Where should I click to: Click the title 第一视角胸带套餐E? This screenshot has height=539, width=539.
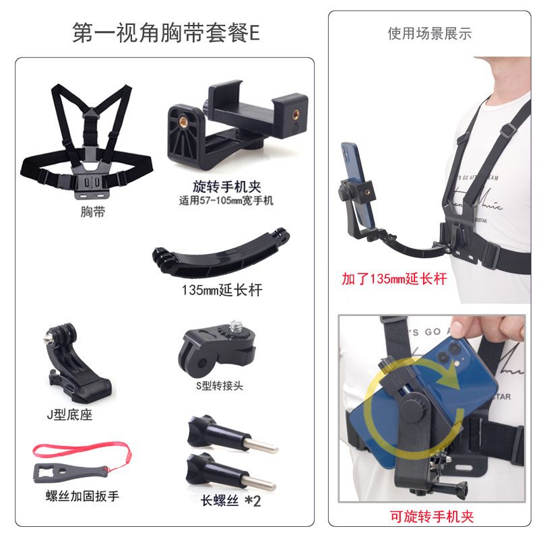(x=166, y=33)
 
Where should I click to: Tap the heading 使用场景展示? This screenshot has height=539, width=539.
(x=429, y=33)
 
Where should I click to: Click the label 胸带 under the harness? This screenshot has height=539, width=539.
(x=92, y=212)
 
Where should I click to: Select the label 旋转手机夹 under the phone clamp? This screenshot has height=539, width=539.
(x=227, y=187)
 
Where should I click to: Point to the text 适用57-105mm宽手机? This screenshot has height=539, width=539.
(x=226, y=200)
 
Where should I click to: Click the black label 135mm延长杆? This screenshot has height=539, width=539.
(x=222, y=290)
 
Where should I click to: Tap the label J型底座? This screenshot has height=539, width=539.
(x=70, y=415)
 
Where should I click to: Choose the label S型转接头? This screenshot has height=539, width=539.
(x=220, y=385)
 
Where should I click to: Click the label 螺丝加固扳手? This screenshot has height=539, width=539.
(x=82, y=496)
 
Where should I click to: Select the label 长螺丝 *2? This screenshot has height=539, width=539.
(x=230, y=501)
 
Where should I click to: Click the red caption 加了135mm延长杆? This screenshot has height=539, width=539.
(x=394, y=278)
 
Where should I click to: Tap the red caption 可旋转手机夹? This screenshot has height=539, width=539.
(x=432, y=517)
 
